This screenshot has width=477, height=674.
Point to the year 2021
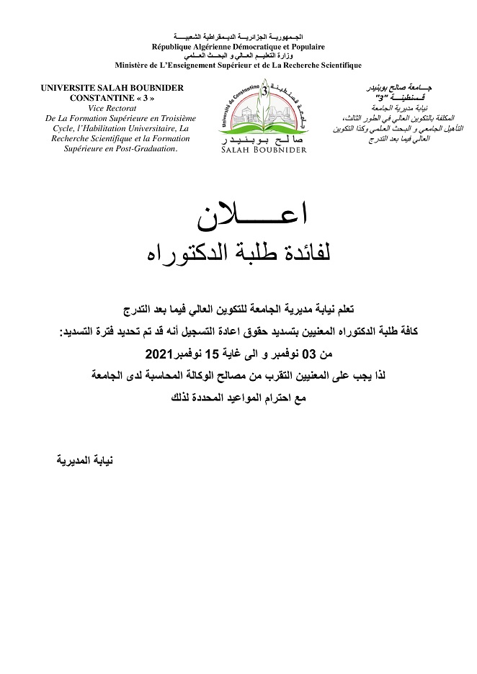[x=160, y=354]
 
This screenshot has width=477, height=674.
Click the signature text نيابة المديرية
[x=82, y=459]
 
